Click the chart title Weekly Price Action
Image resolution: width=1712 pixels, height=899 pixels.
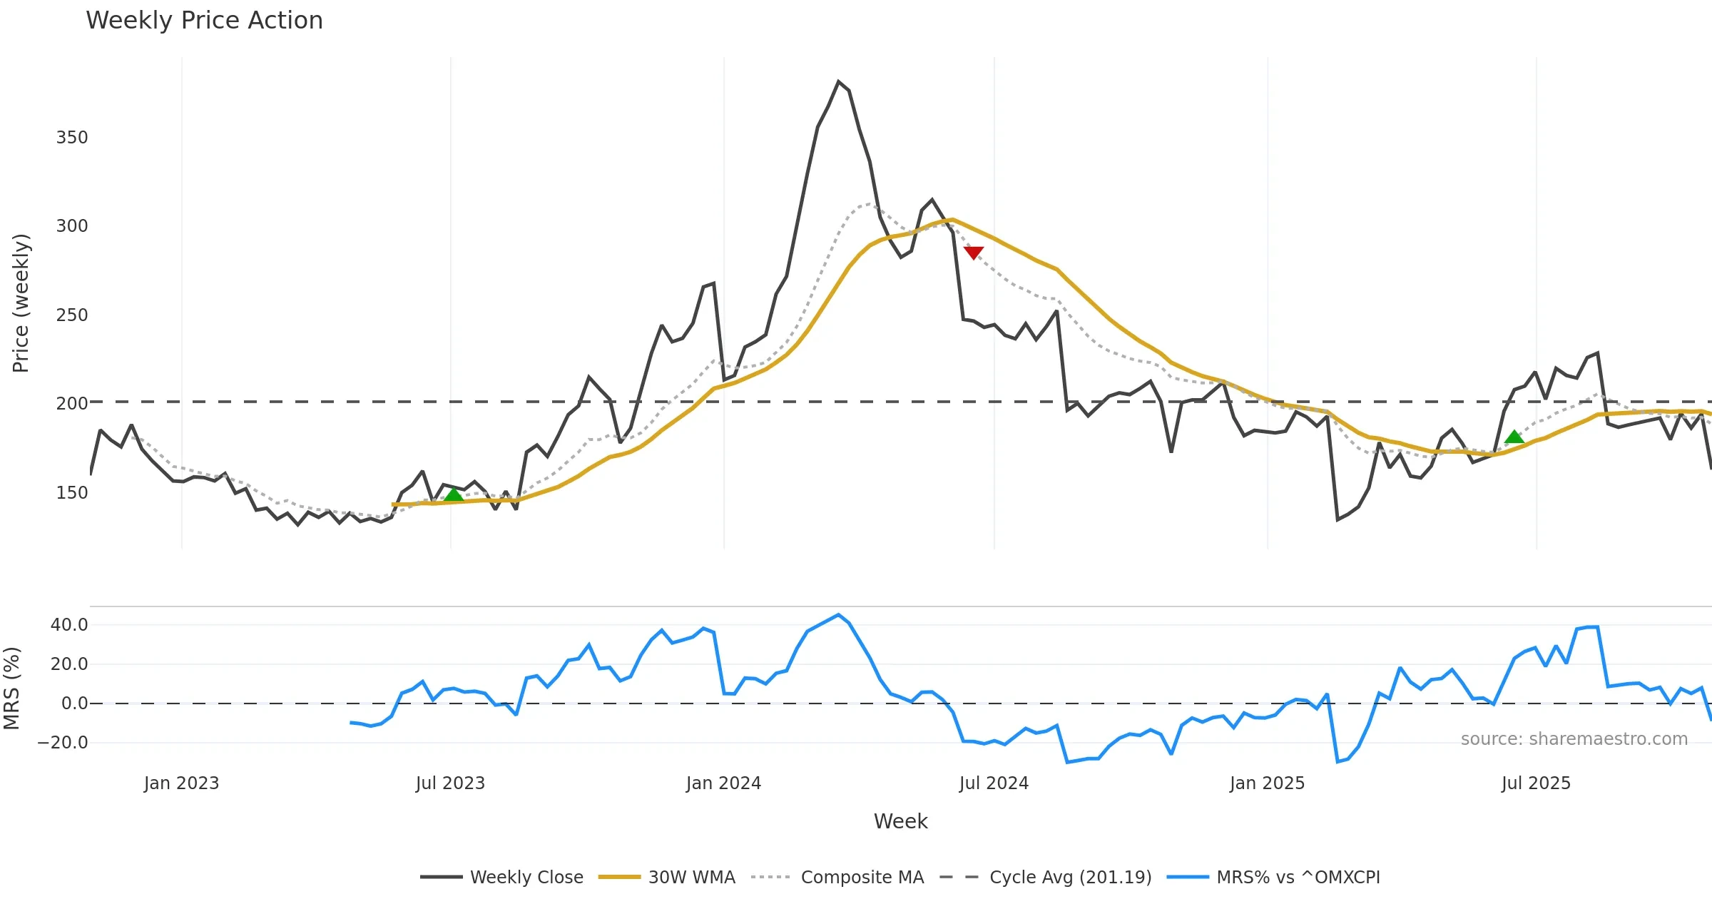[204, 21]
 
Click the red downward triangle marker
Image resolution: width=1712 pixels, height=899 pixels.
[973, 253]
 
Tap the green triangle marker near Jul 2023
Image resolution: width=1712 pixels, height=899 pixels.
[454, 495]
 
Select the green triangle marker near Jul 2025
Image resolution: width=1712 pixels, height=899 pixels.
[1514, 437]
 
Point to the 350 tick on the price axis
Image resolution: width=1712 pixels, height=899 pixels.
[72, 138]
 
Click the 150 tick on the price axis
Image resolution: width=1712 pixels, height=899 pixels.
[72, 493]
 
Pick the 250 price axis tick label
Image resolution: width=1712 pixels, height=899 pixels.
[72, 315]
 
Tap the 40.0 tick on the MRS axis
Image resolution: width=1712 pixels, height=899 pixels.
[69, 625]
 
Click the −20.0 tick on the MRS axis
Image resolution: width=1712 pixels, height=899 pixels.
[63, 743]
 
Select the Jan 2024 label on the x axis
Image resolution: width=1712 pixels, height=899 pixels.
[723, 783]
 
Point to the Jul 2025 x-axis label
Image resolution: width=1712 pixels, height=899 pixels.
[1536, 783]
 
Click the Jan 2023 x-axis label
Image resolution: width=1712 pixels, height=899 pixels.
[181, 783]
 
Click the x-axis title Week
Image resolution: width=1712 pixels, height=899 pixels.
[900, 822]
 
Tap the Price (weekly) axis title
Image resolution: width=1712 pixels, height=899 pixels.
[21, 303]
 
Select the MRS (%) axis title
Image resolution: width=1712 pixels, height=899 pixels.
[12, 689]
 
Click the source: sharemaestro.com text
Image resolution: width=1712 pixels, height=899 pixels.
[1574, 739]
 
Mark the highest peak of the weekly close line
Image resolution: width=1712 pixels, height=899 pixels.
[838, 81]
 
